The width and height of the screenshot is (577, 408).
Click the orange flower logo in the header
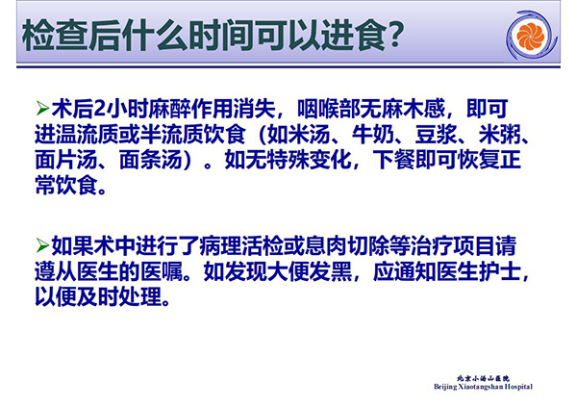(x=530, y=36)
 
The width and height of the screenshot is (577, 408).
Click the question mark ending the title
(x=395, y=35)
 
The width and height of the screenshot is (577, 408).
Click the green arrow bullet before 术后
(x=42, y=109)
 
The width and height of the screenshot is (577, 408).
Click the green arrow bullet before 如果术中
(x=42, y=245)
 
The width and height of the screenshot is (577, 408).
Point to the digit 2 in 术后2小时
(x=99, y=109)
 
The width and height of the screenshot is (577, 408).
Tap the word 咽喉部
(x=329, y=109)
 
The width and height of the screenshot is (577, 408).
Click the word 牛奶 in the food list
(x=373, y=135)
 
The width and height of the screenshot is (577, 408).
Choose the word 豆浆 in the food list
(x=437, y=135)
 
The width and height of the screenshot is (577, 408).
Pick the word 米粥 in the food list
(x=500, y=135)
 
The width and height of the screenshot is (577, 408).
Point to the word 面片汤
(x=66, y=160)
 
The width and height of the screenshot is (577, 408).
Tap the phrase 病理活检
(x=240, y=245)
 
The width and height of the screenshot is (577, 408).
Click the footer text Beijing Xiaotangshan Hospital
(x=483, y=387)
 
